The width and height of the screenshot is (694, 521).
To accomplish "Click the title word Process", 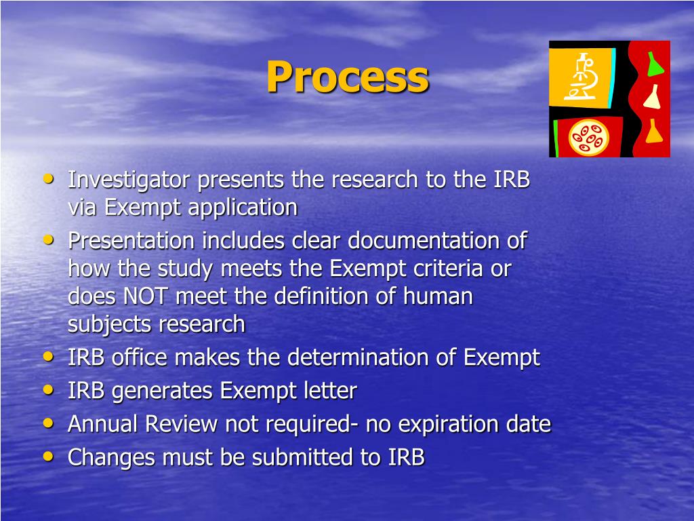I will point(347,78).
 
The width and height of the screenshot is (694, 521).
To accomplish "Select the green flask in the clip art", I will point(653,63).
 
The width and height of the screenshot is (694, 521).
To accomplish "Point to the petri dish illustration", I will point(588,138).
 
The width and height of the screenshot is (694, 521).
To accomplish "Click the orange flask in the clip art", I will point(653,131).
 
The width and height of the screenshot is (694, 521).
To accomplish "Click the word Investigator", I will point(130,180).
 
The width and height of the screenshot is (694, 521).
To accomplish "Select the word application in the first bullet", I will point(243,208).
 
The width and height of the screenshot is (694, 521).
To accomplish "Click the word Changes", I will point(108,458).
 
